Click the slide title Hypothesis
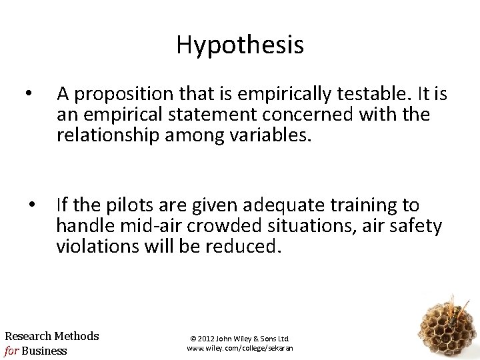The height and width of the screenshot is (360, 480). click(240, 45)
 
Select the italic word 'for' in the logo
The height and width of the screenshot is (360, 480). click(13, 351)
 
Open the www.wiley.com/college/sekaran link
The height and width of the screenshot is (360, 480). click(240, 348)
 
